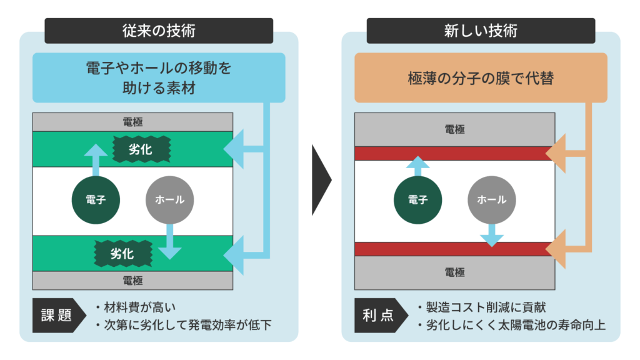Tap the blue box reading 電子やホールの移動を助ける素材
coord(159,77)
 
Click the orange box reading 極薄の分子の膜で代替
coord(481,78)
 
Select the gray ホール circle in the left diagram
coord(169,200)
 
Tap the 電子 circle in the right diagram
coord(417,200)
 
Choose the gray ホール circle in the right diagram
coord(492,200)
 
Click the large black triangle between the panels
coord(321,181)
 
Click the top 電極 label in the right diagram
coord(454,129)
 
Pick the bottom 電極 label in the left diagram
coord(132,280)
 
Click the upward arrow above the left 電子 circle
coord(96,159)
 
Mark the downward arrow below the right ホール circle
coord(492,235)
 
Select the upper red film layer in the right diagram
coord(454,154)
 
